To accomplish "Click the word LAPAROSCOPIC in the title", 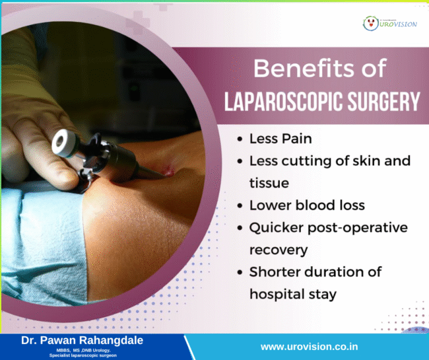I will (x=280, y=102).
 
